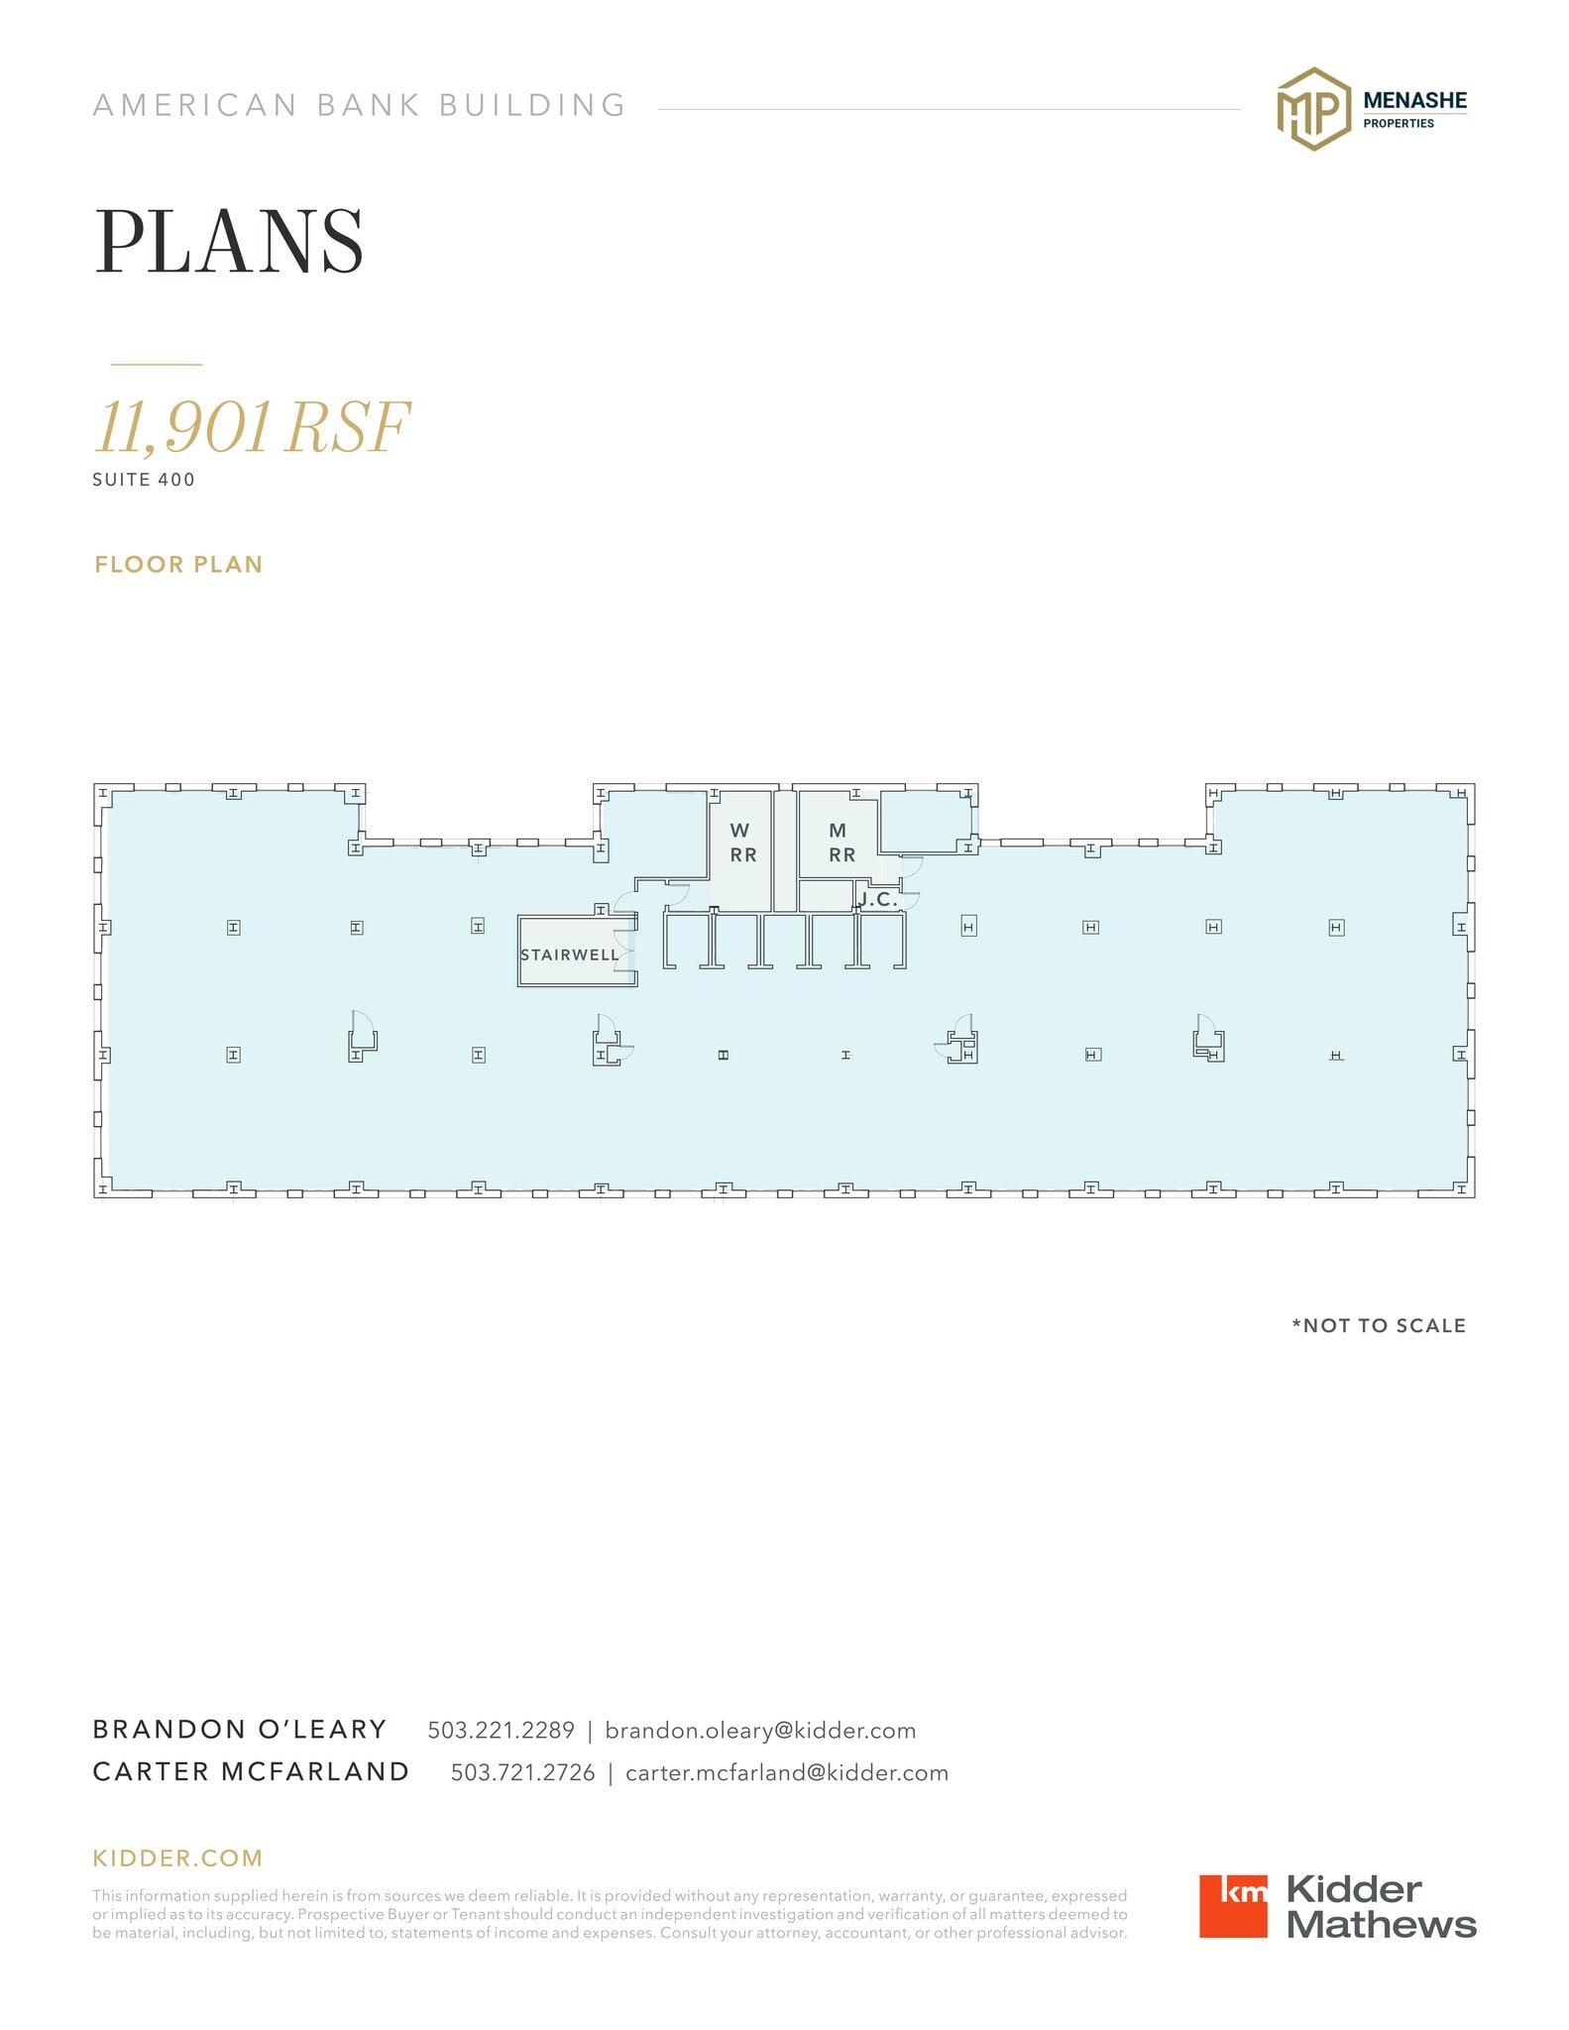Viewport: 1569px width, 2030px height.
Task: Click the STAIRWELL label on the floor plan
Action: click(x=569, y=955)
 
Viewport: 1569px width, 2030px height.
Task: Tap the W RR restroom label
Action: click(x=742, y=843)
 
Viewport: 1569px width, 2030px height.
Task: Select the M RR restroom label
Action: click(x=841, y=843)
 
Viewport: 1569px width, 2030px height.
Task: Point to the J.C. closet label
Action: click(x=878, y=900)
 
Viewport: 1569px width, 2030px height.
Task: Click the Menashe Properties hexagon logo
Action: click(x=1313, y=109)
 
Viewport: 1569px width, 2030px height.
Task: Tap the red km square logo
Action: click(x=1232, y=1905)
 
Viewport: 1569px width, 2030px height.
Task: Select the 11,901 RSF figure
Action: click(x=252, y=427)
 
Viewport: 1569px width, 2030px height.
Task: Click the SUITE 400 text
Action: click(x=144, y=480)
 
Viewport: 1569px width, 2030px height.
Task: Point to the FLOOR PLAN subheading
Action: click(x=178, y=565)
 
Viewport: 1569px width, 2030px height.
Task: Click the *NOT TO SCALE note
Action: click(x=1378, y=1325)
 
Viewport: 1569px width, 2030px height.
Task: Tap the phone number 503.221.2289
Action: click(x=501, y=1730)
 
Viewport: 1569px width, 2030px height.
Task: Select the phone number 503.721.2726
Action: click(x=522, y=1772)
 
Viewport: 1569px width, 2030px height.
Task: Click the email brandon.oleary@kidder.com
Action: click(x=760, y=1730)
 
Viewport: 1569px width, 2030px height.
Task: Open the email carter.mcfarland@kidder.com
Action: click(x=786, y=1772)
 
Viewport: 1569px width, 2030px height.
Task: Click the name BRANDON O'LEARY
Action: click(x=239, y=1730)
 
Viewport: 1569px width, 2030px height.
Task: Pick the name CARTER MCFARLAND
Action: click(x=251, y=1772)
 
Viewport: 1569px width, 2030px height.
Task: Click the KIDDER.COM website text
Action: click(x=177, y=1858)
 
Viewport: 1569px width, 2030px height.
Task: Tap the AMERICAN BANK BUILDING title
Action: click(x=360, y=105)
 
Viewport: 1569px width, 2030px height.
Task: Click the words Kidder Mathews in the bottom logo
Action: click(x=1381, y=1906)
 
